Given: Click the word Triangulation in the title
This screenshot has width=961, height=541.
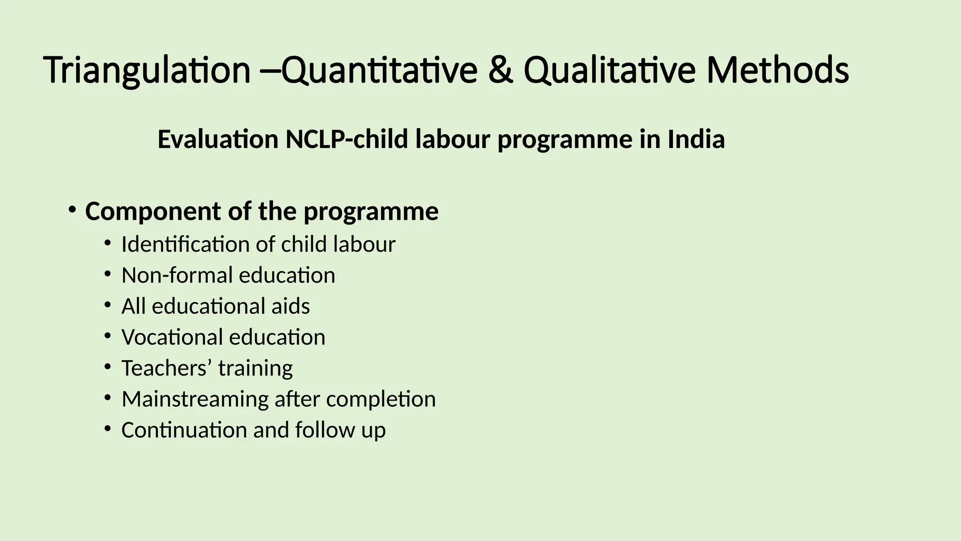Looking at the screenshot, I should click(147, 70).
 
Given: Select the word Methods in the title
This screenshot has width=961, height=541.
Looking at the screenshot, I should click(778, 70).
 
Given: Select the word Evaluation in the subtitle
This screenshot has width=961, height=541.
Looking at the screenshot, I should click(218, 139).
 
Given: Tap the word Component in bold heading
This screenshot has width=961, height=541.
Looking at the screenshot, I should click(153, 212).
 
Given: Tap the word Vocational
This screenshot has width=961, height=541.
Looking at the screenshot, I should click(172, 337).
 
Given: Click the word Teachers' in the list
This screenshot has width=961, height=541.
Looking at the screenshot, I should click(164, 368).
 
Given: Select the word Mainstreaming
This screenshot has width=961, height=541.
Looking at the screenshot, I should click(195, 399).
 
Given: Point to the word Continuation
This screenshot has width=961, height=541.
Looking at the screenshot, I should click(184, 430).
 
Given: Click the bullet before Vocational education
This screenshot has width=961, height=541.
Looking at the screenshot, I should click(107, 335).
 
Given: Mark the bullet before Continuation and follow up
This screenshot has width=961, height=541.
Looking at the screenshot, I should click(107, 428).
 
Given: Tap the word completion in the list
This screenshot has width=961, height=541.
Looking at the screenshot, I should click(381, 399).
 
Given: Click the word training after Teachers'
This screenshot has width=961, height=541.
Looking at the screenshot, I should click(255, 368).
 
